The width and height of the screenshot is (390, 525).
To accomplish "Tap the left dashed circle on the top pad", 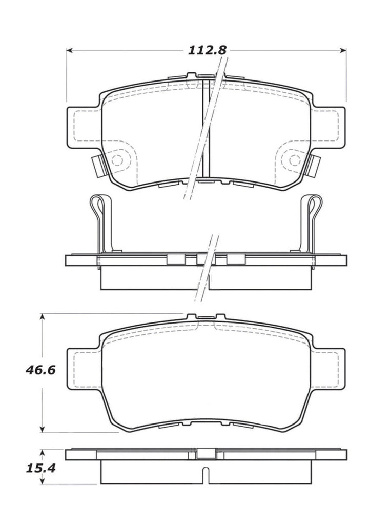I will coord(118,159).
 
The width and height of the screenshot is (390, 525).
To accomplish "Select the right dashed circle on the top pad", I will coord(294,159).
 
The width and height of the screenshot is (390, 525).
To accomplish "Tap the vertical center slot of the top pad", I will coord(207,128).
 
